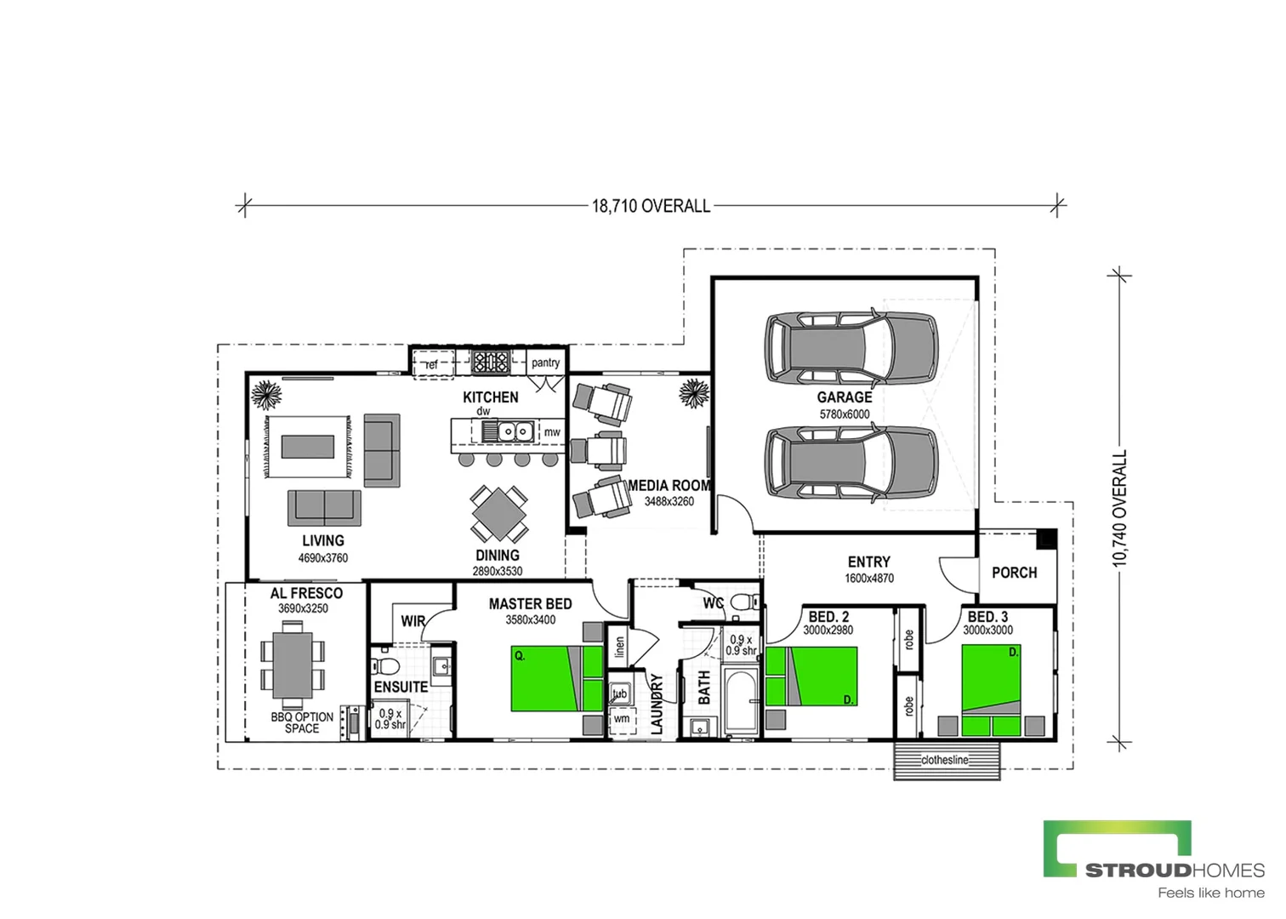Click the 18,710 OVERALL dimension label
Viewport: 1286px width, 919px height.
tap(651, 206)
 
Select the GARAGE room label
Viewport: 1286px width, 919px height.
tap(845, 397)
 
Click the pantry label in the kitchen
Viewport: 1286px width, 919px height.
tap(545, 362)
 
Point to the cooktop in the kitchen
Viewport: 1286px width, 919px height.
tap(491, 362)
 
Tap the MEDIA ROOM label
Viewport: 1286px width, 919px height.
tap(669, 486)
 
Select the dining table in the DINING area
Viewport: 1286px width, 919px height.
tap(499, 513)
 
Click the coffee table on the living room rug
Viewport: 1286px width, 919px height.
tap(308, 447)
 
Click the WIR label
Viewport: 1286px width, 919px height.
tap(413, 621)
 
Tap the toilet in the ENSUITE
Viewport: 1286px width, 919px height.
tap(387, 665)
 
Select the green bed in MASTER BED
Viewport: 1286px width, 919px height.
tap(547, 679)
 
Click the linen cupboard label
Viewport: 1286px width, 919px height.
tap(619, 648)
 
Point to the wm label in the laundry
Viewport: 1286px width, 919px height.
tap(622, 719)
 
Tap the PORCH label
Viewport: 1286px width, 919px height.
tap(1014, 573)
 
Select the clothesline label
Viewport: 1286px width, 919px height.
tap(945, 760)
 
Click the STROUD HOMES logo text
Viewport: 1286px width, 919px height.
tap(1174, 870)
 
